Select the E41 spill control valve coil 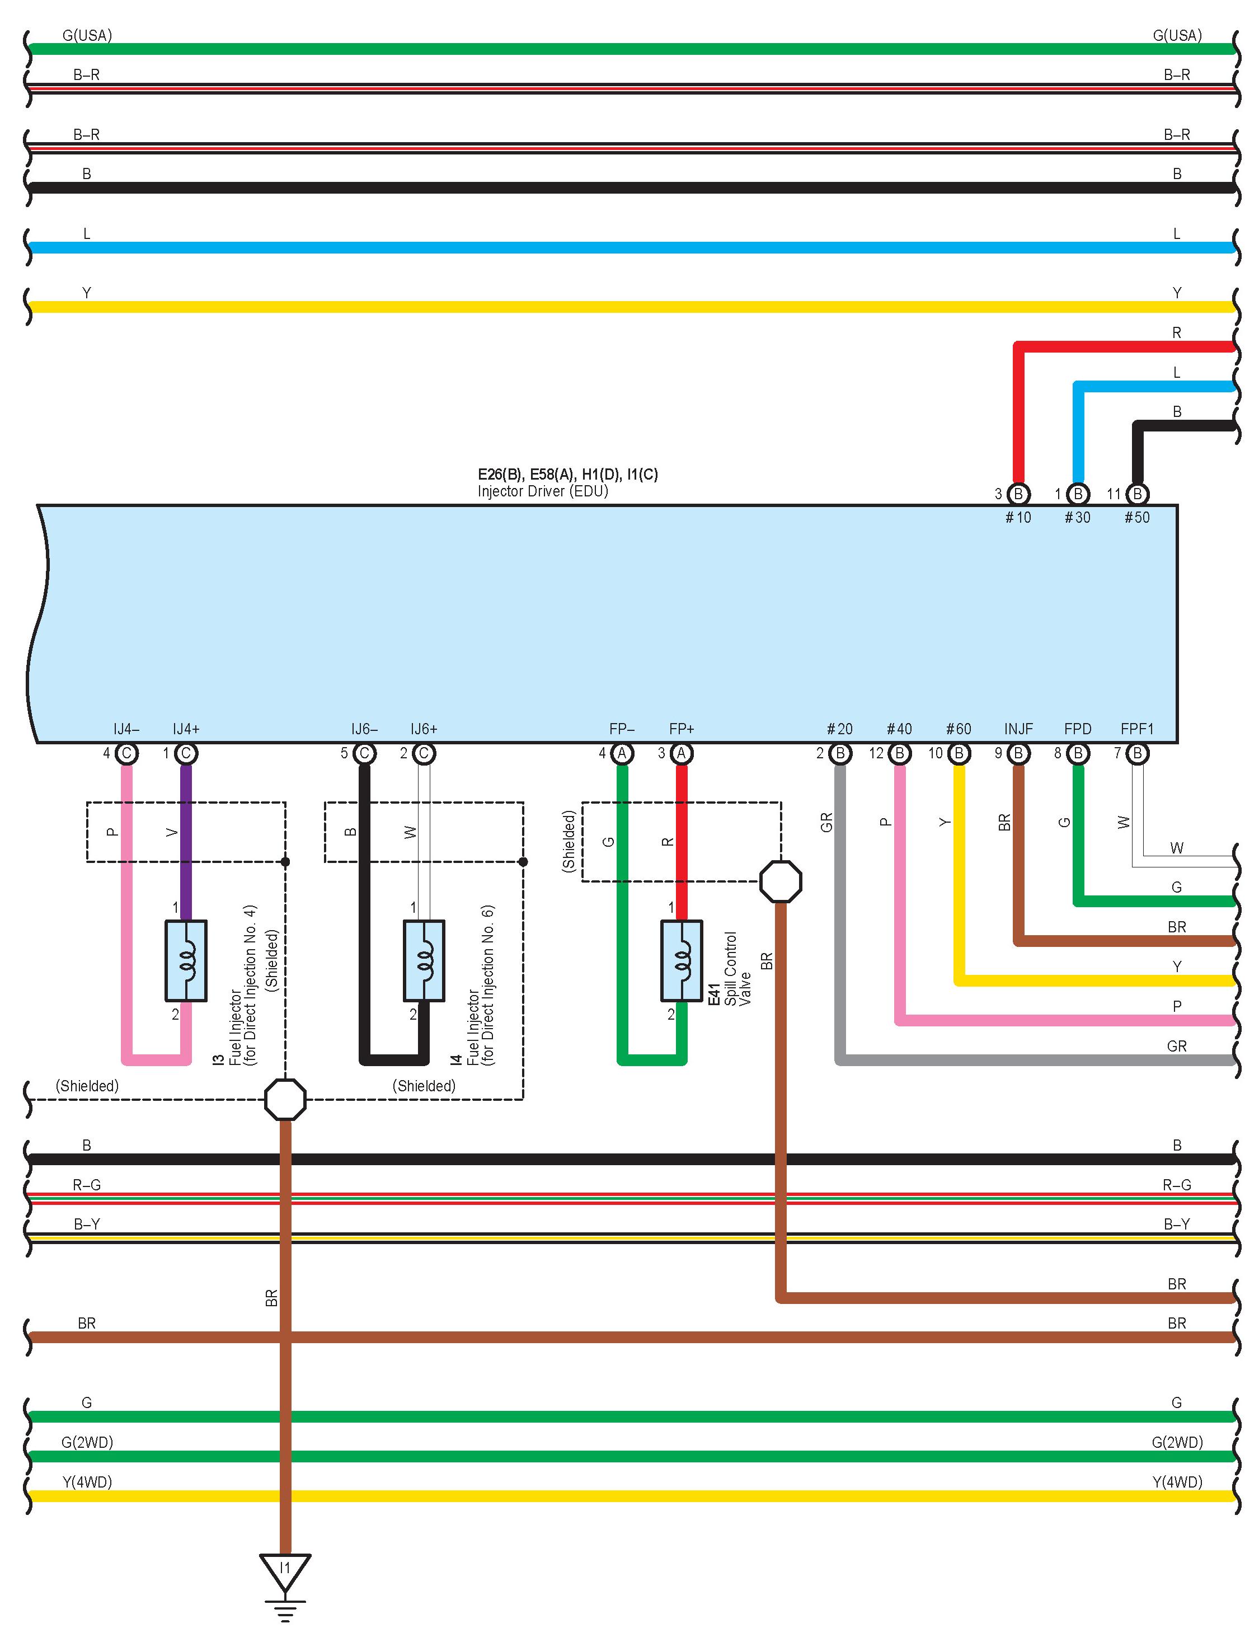coord(681,960)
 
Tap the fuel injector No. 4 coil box coord(186,960)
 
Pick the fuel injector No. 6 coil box coord(424,960)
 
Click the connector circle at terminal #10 coord(1018,494)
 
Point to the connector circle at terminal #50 coord(1137,494)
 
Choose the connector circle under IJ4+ coord(186,753)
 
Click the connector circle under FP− coord(621,753)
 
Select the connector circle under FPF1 coord(1137,753)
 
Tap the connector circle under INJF coord(1018,753)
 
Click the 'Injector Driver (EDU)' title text coord(543,491)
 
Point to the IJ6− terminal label coord(364,729)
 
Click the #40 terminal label coord(899,729)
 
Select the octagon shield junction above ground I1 coord(285,1099)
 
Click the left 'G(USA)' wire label coord(87,35)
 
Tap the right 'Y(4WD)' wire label coord(1177,1481)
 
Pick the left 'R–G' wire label coord(87,1185)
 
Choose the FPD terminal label coord(1078,729)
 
